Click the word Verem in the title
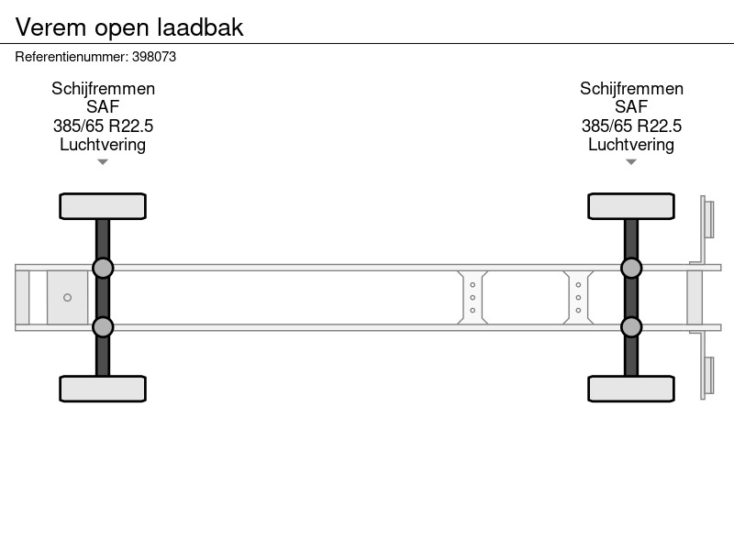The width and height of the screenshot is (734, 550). tap(50, 27)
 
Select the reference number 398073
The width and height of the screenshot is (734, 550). tap(154, 57)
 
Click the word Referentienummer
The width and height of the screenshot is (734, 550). tap(72, 57)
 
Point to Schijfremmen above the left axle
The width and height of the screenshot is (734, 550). tap(103, 88)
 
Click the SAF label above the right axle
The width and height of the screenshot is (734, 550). tap(631, 107)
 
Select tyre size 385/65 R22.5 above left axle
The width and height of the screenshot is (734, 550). tap(103, 126)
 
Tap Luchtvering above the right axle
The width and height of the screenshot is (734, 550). tap(631, 145)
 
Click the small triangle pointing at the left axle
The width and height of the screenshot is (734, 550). tap(103, 162)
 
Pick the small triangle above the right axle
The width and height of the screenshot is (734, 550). tap(631, 162)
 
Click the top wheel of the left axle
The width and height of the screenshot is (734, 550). tap(103, 206)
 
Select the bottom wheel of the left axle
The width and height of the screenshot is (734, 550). tap(103, 389)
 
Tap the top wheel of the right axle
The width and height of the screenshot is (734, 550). tap(631, 206)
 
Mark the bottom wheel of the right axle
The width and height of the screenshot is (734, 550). tap(631, 389)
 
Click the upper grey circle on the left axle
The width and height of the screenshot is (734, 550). tap(103, 269)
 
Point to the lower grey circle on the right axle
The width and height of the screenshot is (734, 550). tap(631, 327)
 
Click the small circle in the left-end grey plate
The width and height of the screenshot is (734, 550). tap(67, 297)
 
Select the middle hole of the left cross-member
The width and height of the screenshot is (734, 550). tap(473, 297)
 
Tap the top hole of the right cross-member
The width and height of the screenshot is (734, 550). tap(578, 285)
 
